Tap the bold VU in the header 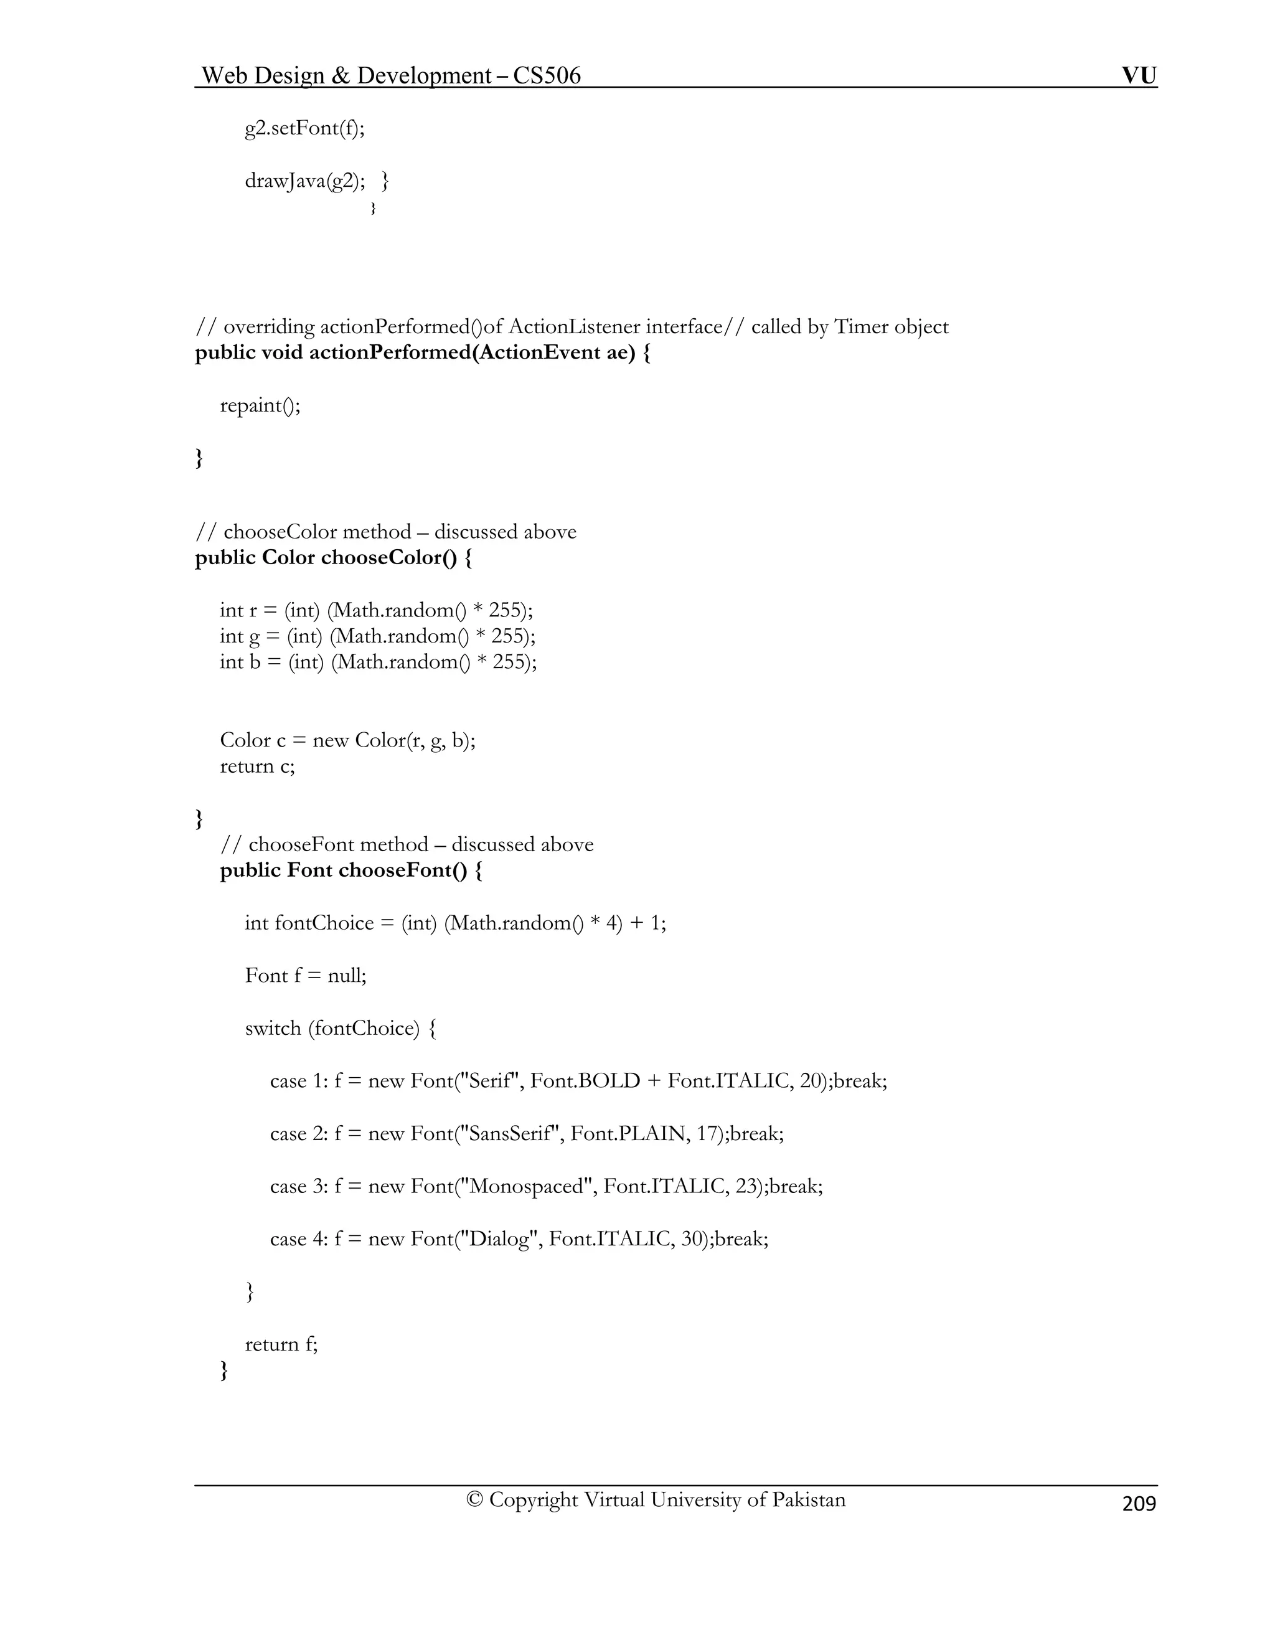coord(1138,75)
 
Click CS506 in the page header coord(547,75)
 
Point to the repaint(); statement coord(260,406)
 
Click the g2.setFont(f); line coord(304,128)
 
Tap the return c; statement coord(257,766)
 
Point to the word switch coord(273,1028)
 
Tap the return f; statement coord(281,1344)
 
